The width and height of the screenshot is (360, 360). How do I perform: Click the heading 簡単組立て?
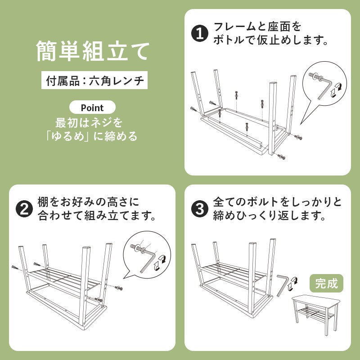[93, 51]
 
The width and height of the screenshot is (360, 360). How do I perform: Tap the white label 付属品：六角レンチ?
[94, 80]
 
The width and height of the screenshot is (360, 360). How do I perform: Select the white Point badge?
[92, 108]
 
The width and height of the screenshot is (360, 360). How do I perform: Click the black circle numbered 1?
[200, 33]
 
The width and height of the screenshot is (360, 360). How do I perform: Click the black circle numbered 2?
[24, 209]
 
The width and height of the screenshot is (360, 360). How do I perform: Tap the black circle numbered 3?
[200, 209]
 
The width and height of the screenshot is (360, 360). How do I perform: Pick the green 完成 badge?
[327, 283]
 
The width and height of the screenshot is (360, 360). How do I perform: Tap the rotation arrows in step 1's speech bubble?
[335, 90]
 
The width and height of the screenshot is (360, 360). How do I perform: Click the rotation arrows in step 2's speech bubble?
[160, 262]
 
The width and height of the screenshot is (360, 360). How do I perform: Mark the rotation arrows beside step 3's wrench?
[292, 284]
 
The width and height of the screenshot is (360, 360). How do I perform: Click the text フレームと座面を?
[257, 27]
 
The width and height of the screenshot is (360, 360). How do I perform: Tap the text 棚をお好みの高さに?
[88, 202]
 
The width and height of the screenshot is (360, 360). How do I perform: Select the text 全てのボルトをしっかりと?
[277, 202]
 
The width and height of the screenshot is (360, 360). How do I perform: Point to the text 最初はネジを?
[89, 122]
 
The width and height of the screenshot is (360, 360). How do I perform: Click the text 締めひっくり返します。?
[270, 216]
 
